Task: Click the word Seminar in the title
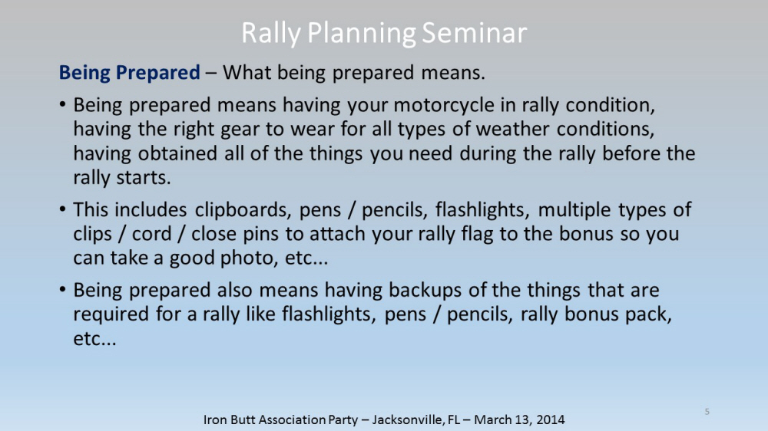(474, 33)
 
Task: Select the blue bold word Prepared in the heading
(157, 73)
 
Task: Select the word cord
(152, 234)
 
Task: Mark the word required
(111, 314)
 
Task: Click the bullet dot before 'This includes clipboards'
(62, 209)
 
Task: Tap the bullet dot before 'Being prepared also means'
(62, 290)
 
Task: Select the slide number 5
(707, 411)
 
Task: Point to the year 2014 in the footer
(550, 419)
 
